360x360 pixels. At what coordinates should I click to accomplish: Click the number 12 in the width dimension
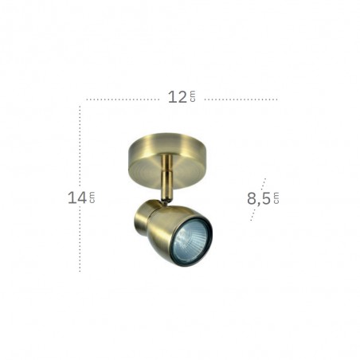[x=178, y=97]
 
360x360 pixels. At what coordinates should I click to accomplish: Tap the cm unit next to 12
[x=193, y=96]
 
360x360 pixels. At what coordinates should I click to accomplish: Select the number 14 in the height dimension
[x=77, y=198]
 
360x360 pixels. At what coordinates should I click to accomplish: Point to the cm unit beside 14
[x=92, y=198]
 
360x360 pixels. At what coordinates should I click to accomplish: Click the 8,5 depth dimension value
[x=259, y=199]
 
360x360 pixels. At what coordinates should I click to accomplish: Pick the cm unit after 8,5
[x=276, y=198]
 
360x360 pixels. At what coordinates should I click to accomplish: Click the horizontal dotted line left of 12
[x=123, y=100]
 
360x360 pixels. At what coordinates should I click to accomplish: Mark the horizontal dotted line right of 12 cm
[x=241, y=100]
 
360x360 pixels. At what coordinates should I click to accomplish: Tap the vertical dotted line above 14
[x=80, y=147]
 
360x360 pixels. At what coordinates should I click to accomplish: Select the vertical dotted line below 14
[x=80, y=240]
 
